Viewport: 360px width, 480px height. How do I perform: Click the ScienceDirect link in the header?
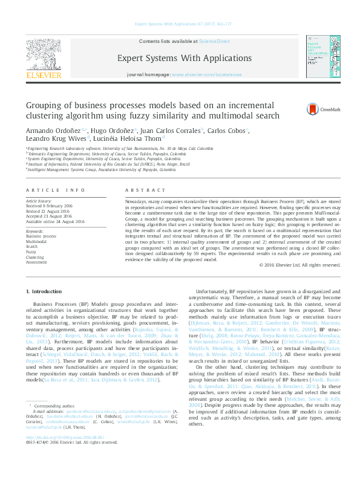point(215,41)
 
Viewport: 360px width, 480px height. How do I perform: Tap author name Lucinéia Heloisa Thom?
point(126,138)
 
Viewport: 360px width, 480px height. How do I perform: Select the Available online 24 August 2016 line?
point(55,221)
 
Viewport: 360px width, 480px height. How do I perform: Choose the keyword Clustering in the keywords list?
point(36,257)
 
